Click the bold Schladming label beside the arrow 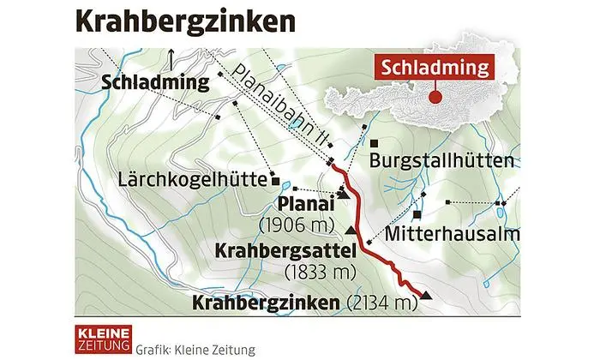click(x=155, y=83)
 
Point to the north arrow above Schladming click(x=172, y=58)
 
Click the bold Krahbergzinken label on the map click(x=267, y=303)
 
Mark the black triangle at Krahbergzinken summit click(x=426, y=297)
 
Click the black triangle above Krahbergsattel click(x=351, y=231)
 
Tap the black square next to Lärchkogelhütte click(x=275, y=182)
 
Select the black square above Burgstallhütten click(x=375, y=141)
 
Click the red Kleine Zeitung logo click(x=99, y=337)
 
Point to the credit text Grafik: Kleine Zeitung click(x=189, y=348)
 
